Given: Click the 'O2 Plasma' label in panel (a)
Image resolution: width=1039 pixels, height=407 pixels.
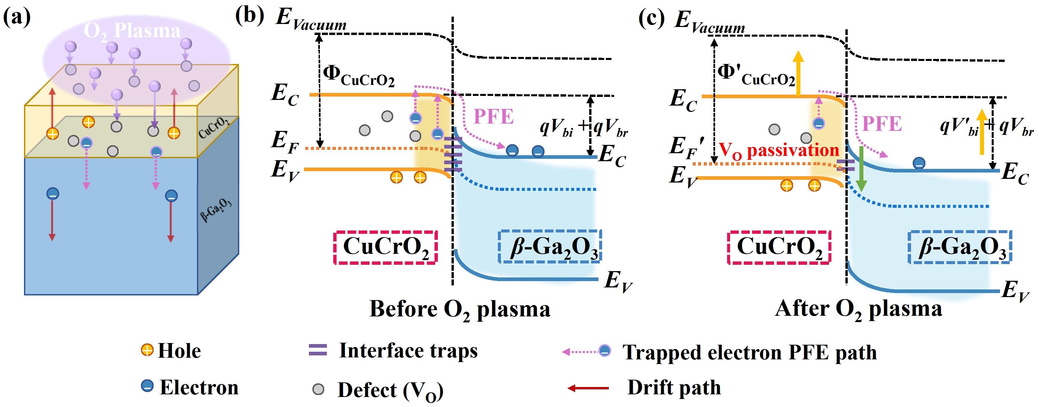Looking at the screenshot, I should pos(132,31).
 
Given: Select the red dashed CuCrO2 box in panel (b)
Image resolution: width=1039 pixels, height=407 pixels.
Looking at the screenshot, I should pos(385,247).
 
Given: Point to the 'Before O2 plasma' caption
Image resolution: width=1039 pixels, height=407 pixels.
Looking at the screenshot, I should pos(460,309).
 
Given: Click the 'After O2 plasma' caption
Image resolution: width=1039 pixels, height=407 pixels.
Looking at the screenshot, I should pos(858,309).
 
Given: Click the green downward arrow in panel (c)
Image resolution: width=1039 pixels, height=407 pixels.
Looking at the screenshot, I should pos(861,169).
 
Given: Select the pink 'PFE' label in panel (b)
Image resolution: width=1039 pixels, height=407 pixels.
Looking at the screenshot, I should pos(493,117).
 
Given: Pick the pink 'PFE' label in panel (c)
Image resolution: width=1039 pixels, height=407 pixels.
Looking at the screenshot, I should pos(882,124).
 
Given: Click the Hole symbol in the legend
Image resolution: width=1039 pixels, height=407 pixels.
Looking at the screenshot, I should pos(147,350).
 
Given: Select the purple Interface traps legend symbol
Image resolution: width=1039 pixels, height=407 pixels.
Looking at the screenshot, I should pos(318,350).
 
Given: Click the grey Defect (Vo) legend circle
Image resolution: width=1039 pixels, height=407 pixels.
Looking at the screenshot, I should pos(318,389).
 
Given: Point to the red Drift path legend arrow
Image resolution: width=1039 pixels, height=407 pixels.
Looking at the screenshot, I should pos(588,388).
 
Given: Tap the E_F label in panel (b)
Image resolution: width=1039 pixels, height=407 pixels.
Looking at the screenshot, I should pos(285,142).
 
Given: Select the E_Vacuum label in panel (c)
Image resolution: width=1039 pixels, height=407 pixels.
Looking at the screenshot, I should pos(709,21).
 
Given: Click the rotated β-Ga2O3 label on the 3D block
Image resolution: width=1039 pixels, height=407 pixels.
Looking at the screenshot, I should pos(216,209).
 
